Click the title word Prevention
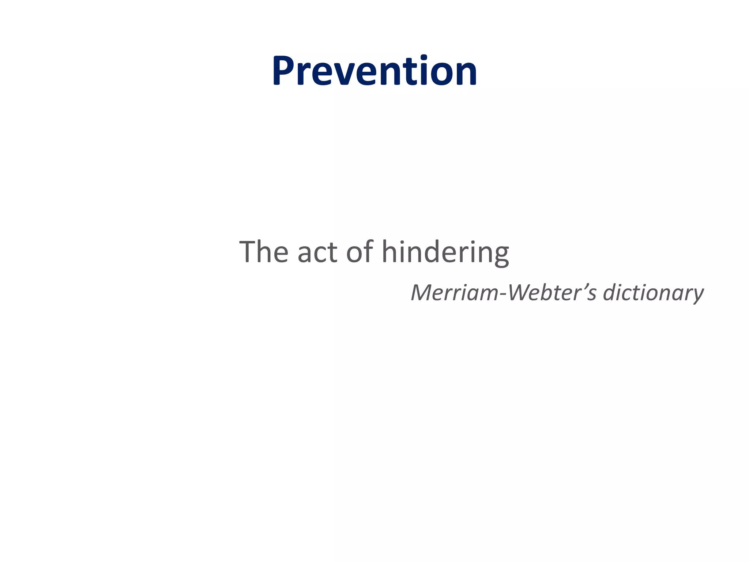point(374,71)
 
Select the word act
point(317,252)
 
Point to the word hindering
point(445,252)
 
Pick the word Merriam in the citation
point(453,293)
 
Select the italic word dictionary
point(653,293)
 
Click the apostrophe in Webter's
point(583,286)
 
